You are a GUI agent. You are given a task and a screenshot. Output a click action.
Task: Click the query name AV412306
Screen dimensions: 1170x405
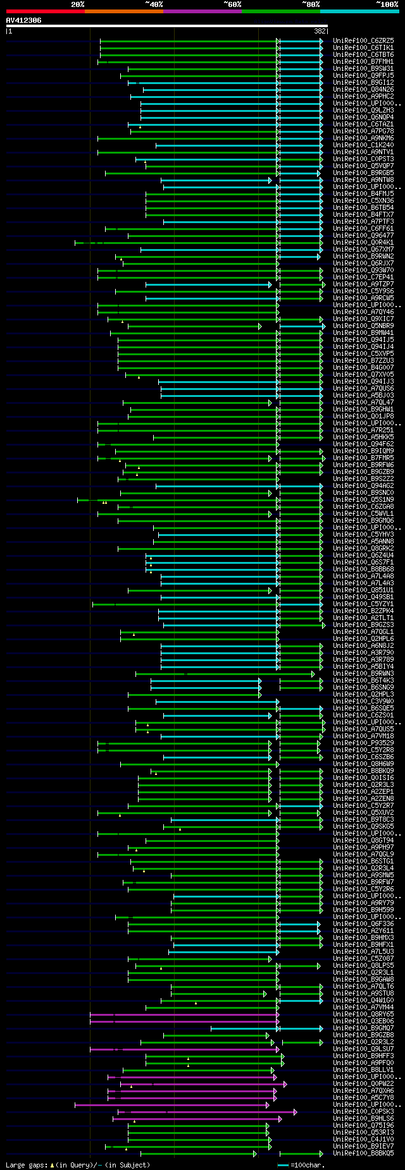tap(24, 20)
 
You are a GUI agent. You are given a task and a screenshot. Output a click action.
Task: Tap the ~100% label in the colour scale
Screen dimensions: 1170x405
tap(387, 4)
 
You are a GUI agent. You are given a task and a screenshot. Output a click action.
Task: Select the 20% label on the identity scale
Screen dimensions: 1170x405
tap(78, 4)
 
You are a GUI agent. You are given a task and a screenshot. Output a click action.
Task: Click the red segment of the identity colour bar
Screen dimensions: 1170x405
tap(45, 11)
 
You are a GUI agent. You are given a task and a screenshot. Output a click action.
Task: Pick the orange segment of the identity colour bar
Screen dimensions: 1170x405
tap(123, 11)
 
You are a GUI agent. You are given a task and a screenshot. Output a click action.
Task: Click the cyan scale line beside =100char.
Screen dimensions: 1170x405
tap(283, 1165)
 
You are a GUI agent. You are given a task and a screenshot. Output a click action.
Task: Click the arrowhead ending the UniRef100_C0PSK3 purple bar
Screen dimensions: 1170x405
tap(295, 1112)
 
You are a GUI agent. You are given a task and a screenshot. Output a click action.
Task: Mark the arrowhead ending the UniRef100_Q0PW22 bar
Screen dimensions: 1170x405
tap(285, 1084)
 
